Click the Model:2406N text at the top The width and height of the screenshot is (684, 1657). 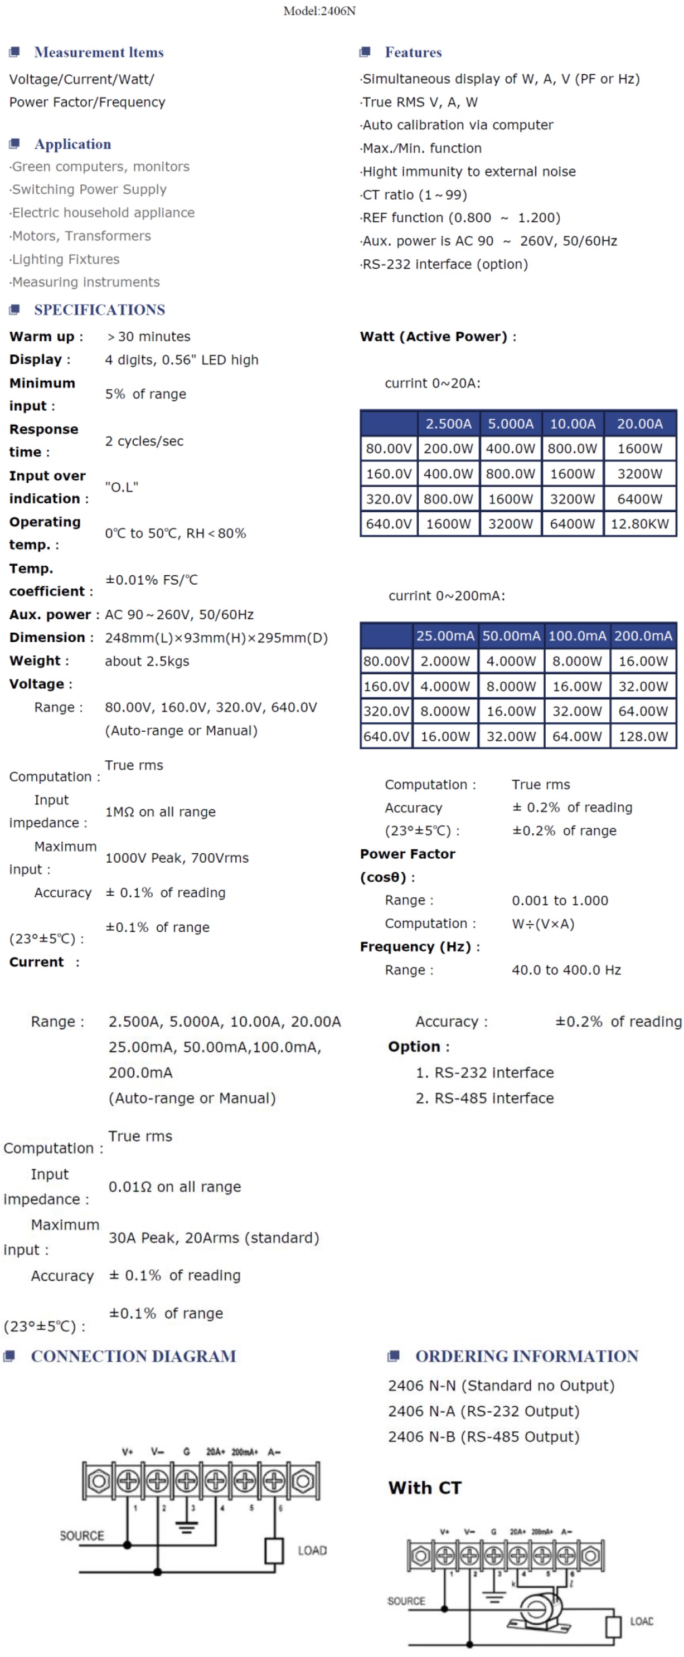[x=319, y=11]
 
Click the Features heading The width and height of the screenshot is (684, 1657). [x=413, y=52]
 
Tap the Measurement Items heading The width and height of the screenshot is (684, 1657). [x=99, y=52]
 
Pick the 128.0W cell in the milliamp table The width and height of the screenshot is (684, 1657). [x=643, y=736]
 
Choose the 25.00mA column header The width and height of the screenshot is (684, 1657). [x=445, y=635]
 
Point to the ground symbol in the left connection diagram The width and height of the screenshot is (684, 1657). [x=187, y=1526]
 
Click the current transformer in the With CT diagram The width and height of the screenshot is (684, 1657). [x=539, y=1610]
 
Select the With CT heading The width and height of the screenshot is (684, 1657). [x=425, y=1488]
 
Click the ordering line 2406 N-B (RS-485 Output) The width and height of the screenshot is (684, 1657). [x=483, y=1436]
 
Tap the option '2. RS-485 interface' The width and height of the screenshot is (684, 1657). [x=484, y=1097]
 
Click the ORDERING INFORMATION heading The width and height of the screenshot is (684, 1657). [x=526, y=1356]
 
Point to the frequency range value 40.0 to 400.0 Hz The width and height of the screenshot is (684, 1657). [x=566, y=969]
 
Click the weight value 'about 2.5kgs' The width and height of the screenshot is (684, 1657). [x=147, y=660]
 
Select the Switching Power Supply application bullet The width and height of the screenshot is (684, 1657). [x=89, y=189]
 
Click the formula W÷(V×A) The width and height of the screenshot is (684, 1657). [x=542, y=923]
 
